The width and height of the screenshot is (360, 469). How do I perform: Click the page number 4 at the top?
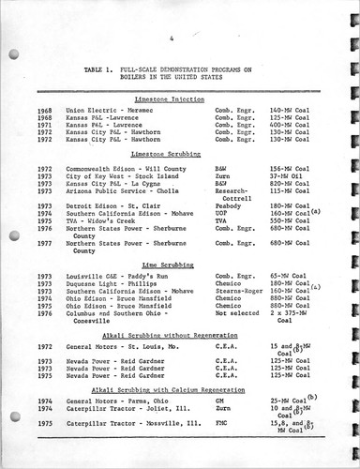[x=174, y=39]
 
